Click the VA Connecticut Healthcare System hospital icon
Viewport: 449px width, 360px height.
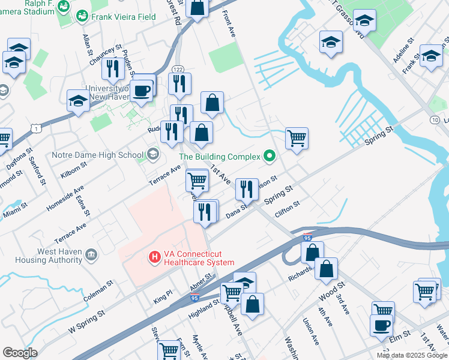155,257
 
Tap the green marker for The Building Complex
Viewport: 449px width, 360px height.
270,157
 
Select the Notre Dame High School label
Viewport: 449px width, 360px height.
98,155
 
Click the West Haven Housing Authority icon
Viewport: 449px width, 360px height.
91,256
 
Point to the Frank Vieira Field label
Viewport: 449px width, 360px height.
119,17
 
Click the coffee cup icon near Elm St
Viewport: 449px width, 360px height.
382,326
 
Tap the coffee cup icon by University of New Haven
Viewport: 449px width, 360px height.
142,91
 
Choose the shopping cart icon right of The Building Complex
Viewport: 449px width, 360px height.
297,138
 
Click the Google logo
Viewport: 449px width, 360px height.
20,353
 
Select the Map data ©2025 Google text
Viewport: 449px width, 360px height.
411,355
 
